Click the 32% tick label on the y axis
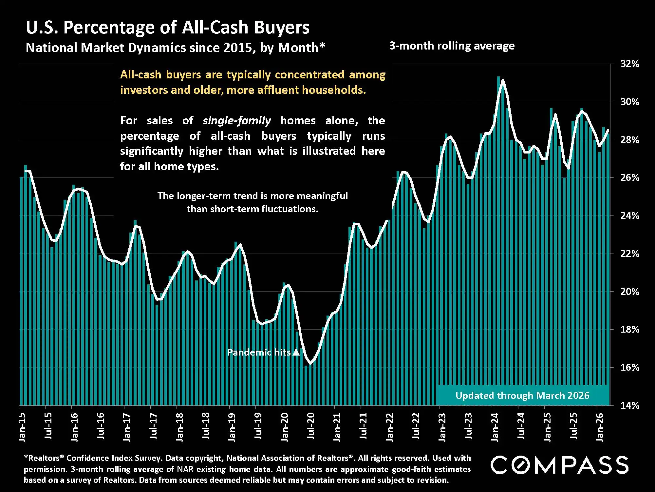[629, 64]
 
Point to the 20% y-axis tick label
[629, 292]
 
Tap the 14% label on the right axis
[629, 406]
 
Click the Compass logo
[559, 465]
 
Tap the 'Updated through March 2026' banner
[522, 396]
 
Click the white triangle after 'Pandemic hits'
[296, 352]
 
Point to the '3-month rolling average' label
[452, 46]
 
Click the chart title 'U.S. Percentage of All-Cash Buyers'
[167, 27]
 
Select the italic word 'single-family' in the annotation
[236, 121]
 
